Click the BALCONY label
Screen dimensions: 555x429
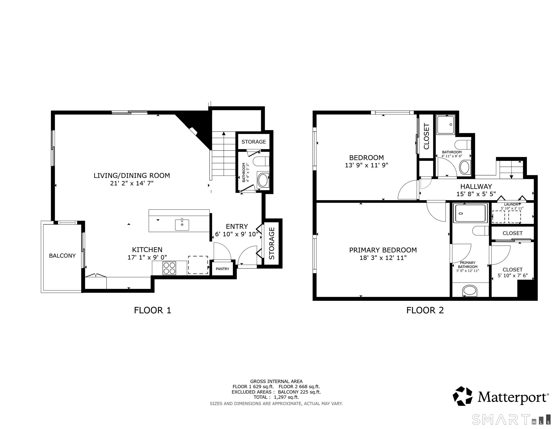(62, 256)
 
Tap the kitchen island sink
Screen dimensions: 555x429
(182, 225)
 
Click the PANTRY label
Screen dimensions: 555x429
(222, 269)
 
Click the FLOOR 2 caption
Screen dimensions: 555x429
(425, 310)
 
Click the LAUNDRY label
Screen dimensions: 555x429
(512, 204)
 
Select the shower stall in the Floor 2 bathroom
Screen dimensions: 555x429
(446, 125)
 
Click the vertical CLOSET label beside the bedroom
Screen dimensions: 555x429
(426, 136)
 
